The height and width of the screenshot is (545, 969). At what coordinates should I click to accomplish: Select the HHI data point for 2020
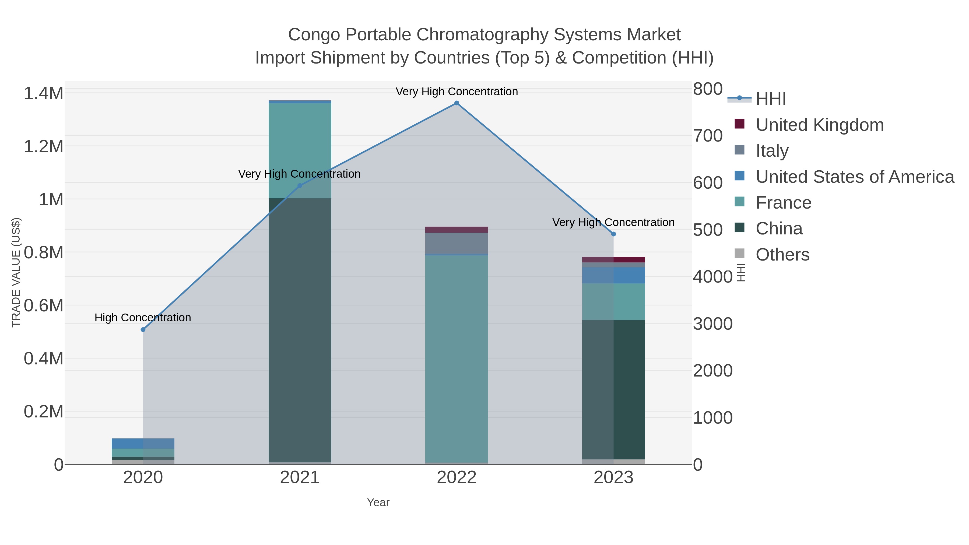(143, 329)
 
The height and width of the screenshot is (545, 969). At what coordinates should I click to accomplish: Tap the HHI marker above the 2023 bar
(613, 234)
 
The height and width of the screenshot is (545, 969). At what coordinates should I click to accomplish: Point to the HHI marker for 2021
(300, 185)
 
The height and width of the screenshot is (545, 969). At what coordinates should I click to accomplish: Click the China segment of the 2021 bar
(300, 331)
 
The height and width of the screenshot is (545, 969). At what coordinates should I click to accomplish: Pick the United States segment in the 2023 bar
(613, 275)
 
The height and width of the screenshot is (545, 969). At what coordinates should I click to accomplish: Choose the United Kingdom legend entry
(819, 125)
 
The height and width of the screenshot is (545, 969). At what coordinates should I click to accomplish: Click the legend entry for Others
(782, 255)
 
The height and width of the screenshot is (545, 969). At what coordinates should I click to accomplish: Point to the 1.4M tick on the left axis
(44, 93)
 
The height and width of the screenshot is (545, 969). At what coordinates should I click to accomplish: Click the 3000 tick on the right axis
(712, 324)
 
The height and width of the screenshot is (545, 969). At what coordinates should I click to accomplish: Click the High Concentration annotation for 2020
(143, 318)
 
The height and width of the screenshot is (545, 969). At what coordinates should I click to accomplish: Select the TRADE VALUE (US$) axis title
(16, 272)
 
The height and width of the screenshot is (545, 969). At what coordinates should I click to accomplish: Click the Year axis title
(378, 502)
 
